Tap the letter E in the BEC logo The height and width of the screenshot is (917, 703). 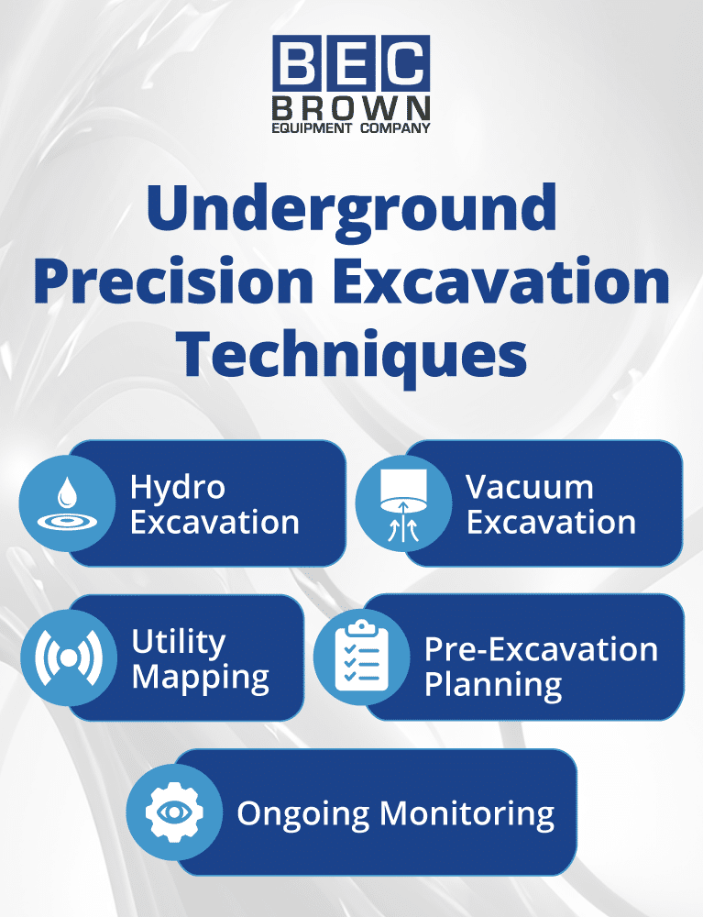351,63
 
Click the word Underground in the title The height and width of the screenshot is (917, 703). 351,207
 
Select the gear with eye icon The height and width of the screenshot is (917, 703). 174,812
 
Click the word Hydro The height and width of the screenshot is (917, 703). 177,487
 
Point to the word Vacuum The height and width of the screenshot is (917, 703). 529,487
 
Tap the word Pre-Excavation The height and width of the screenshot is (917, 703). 541,649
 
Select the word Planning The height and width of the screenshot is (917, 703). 493,686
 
